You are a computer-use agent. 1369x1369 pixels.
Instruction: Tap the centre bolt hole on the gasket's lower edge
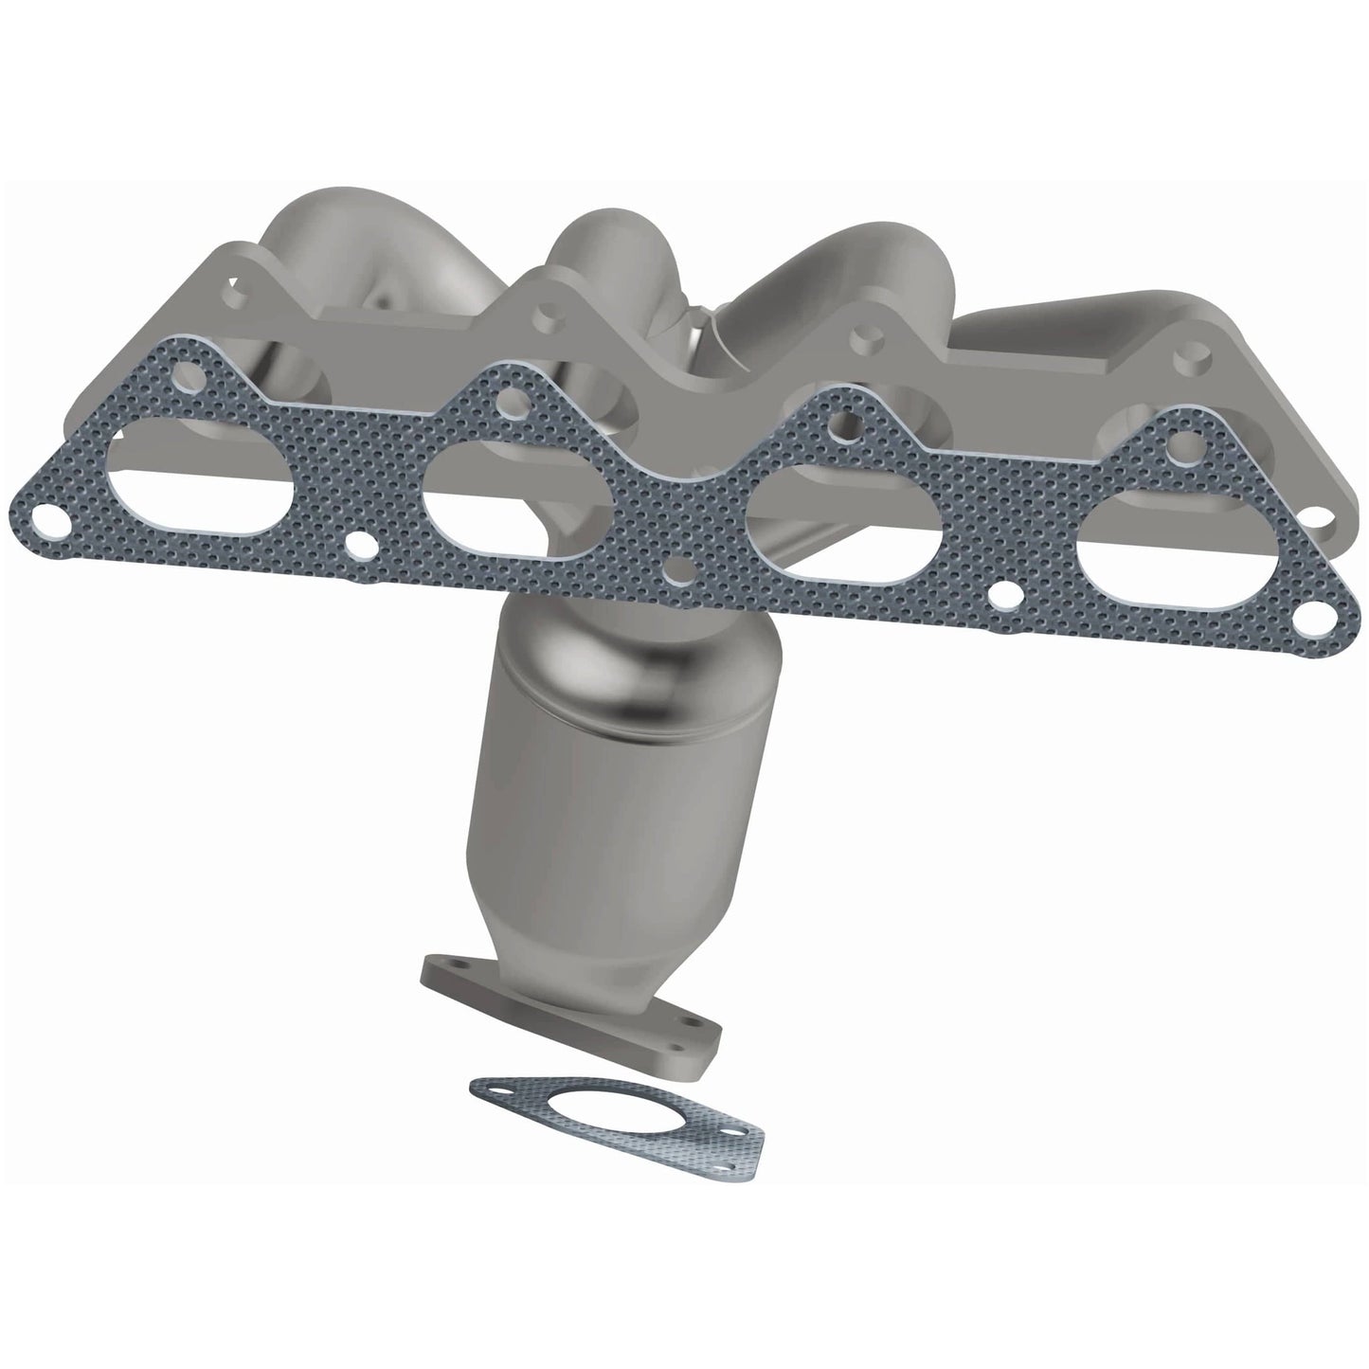tap(678, 572)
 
